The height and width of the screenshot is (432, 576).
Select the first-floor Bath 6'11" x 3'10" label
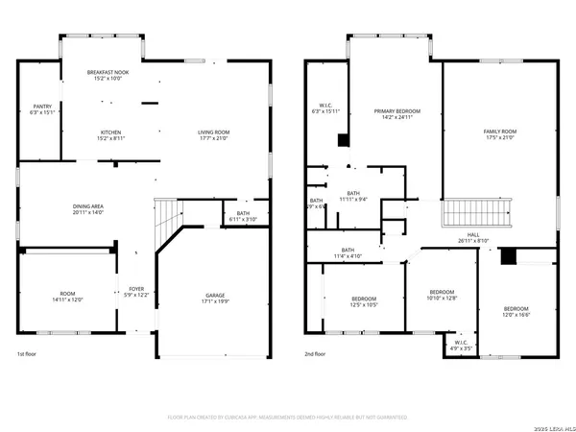tap(241, 216)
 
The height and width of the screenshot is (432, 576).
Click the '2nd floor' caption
tap(318, 353)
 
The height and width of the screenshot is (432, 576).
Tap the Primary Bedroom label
tap(393, 113)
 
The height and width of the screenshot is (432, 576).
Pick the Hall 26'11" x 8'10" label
tap(473, 237)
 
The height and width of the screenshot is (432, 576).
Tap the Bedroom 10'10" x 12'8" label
tap(442, 295)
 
